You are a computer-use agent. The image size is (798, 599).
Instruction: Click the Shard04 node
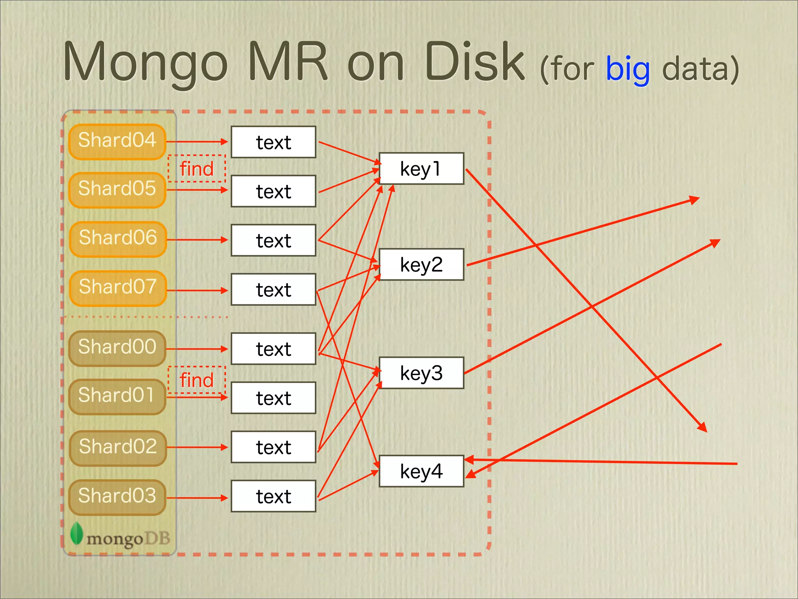click(x=117, y=141)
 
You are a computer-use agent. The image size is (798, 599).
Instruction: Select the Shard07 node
click(x=118, y=288)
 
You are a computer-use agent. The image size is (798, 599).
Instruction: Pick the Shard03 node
click(x=117, y=497)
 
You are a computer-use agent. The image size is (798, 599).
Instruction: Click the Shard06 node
click(x=118, y=239)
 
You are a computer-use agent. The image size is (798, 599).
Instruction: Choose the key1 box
click(x=421, y=168)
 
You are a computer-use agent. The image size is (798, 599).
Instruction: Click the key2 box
click(x=421, y=264)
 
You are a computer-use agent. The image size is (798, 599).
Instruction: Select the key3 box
click(x=421, y=373)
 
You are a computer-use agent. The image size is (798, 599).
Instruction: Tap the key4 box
click(x=421, y=471)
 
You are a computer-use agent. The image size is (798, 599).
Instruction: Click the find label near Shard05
click(x=197, y=168)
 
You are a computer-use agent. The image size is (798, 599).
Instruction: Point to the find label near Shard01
click(x=197, y=380)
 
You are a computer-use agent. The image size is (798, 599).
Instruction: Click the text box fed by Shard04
click(x=273, y=142)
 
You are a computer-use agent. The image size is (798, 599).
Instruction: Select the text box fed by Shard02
click(x=273, y=447)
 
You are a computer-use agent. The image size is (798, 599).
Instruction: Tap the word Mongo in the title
click(x=145, y=62)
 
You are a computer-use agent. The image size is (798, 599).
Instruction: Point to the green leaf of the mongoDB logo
click(x=77, y=533)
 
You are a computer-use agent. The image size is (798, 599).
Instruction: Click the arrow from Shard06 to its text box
click(x=197, y=239)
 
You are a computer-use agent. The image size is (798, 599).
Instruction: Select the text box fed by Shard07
click(x=273, y=289)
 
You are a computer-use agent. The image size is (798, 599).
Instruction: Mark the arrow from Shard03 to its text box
click(x=197, y=498)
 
